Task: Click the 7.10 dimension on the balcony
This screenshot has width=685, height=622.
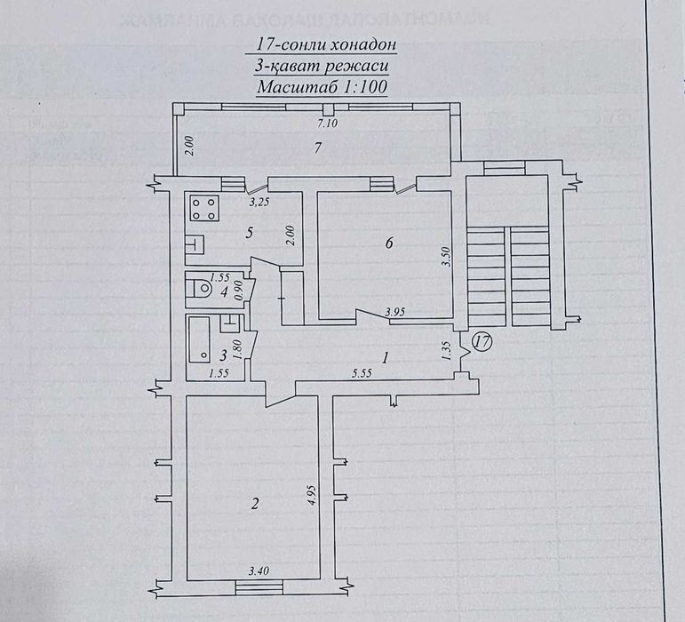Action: point(317,125)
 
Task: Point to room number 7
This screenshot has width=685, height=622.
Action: point(316,148)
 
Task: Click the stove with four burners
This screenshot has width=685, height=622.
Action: point(203,210)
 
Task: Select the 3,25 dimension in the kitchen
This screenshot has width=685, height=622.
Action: point(259,203)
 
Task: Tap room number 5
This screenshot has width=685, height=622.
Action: point(250,233)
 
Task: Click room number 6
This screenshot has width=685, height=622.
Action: point(388,243)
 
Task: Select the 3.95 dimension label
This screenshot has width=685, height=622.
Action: point(395,312)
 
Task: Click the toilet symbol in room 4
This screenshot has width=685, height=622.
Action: point(202,288)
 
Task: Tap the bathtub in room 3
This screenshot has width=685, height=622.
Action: point(200,338)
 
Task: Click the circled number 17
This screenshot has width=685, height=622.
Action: point(481,340)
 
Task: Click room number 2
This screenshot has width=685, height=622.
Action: point(255,504)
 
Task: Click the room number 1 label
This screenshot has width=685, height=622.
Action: point(385,358)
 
